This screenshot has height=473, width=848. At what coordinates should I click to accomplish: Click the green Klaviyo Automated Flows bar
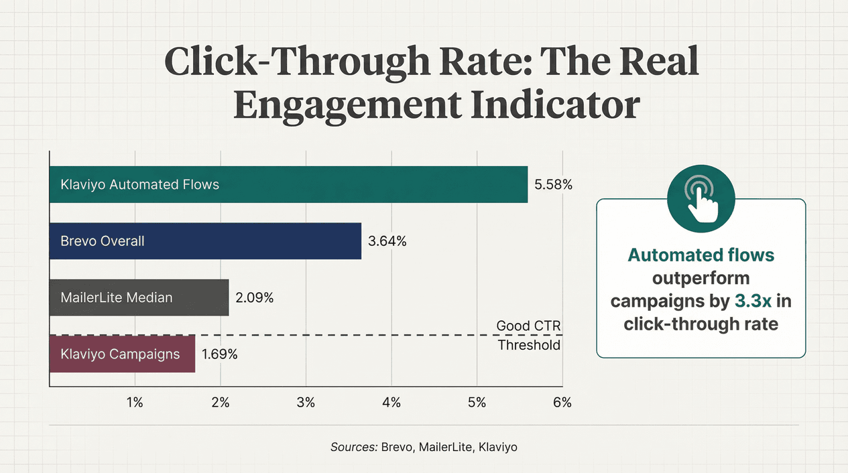[288, 184]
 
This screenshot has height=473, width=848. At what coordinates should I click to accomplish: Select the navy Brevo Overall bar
[205, 241]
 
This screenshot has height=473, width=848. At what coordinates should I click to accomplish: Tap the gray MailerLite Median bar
[139, 297]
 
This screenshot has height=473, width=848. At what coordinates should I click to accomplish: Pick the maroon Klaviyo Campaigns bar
[122, 354]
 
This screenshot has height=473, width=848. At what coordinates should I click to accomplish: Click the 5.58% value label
[553, 184]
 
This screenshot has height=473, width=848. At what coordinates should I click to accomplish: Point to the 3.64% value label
[387, 241]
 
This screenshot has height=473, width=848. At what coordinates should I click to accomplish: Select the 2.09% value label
[254, 297]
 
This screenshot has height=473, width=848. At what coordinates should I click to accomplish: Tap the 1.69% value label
[220, 354]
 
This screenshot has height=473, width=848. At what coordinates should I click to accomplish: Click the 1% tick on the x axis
[135, 402]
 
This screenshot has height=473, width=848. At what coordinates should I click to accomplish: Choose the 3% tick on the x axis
[306, 402]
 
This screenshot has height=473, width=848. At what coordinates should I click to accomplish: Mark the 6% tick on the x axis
[562, 402]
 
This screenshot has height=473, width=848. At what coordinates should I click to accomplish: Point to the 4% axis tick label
[391, 402]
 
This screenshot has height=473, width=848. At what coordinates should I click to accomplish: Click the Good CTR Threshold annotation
[528, 335]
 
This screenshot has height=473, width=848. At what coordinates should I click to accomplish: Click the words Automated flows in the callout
[701, 255]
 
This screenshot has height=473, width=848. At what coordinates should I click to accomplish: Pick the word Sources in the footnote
[353, 447]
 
